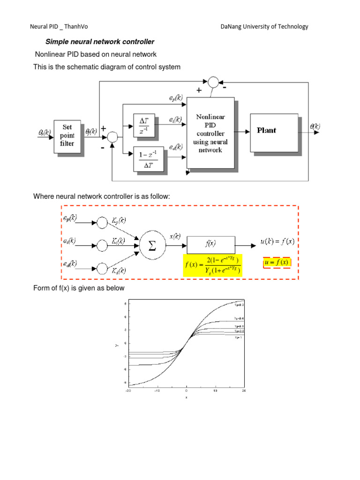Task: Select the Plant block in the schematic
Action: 274,133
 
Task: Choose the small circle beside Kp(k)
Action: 102,222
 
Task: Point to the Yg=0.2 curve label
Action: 239,305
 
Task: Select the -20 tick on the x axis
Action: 128,390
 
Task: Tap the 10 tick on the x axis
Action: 215,390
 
